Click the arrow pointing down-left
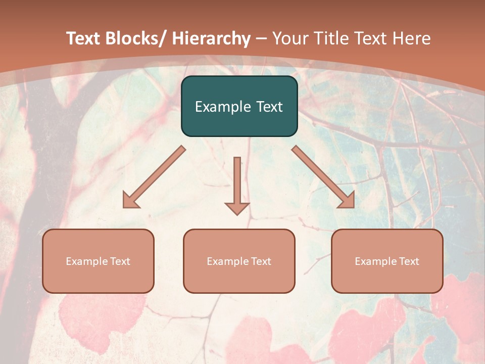pyautogui.click(x=154, y=177)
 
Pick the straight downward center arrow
pyautogui.click(x=237, y=185)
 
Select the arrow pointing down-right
pyautogui.click(x=323, y=177)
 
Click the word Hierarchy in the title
pyautogui.click(x=211, y=38)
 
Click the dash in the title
pyautogui.click(x=261, y=39)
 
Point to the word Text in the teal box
pyautogui.click(x=268, y=107)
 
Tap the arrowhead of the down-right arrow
pyautogui.click(x=347, y=201)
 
